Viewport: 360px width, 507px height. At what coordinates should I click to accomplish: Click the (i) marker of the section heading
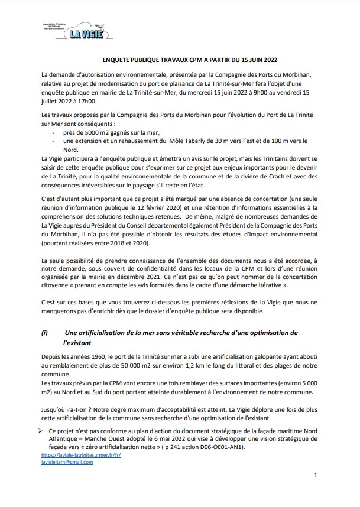pyautogui.click(x=46, y=333)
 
